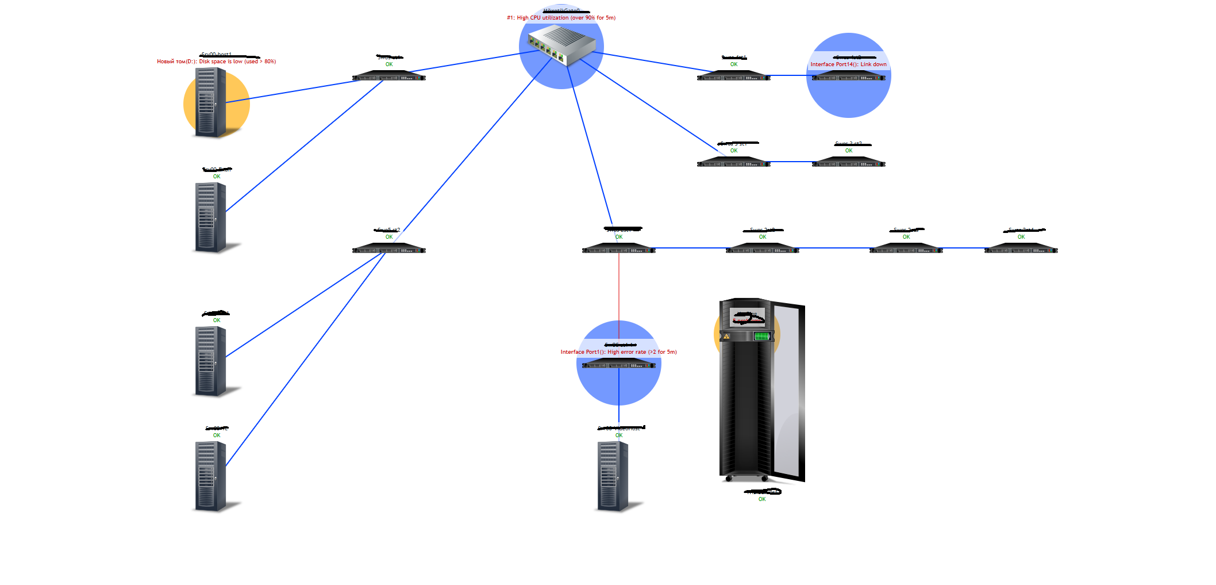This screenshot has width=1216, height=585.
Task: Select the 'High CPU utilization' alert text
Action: tap(561, 18)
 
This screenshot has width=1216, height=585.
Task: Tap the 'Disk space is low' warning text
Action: tap(217, 62)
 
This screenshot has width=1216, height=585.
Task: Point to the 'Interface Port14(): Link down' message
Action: tap(848, 64)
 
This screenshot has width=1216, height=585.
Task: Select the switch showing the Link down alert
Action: tap(848, 76)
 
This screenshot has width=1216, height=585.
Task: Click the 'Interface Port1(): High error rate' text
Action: tap(618, 352)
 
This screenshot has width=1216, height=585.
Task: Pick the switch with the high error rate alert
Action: tap(618, 364)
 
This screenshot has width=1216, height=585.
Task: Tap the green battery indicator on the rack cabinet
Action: tap(762, 336)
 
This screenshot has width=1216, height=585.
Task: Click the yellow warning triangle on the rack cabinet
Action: tap(727, 337)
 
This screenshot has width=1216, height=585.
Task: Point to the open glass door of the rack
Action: tap(788, 391)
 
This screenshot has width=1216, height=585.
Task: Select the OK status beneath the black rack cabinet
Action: tap(762, 499)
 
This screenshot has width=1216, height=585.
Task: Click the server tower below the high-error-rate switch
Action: tap(613, 476)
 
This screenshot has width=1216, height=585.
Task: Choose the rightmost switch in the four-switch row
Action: tap(1021, 248)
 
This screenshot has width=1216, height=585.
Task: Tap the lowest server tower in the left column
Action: tap(210, 476)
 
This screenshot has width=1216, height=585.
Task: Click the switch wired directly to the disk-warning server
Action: tap(388, 76)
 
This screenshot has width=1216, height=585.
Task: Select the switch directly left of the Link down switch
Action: tap(733, 76)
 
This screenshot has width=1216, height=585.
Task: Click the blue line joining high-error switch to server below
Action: tap(619, 397)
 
